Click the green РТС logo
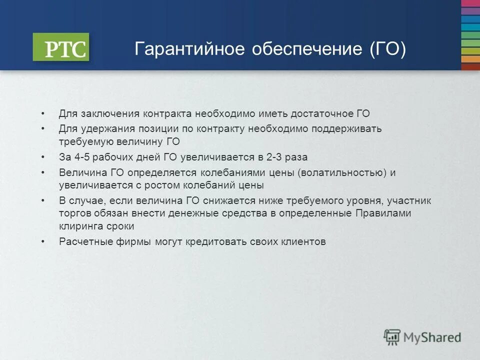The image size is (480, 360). (60, 47)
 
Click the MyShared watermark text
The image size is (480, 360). (433, 337)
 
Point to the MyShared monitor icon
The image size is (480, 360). (392, 336)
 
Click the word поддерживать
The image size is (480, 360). (346, 129)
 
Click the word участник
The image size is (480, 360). (408, 201)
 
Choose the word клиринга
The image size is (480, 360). (80, 226)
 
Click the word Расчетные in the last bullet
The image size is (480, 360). (81, 242)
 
